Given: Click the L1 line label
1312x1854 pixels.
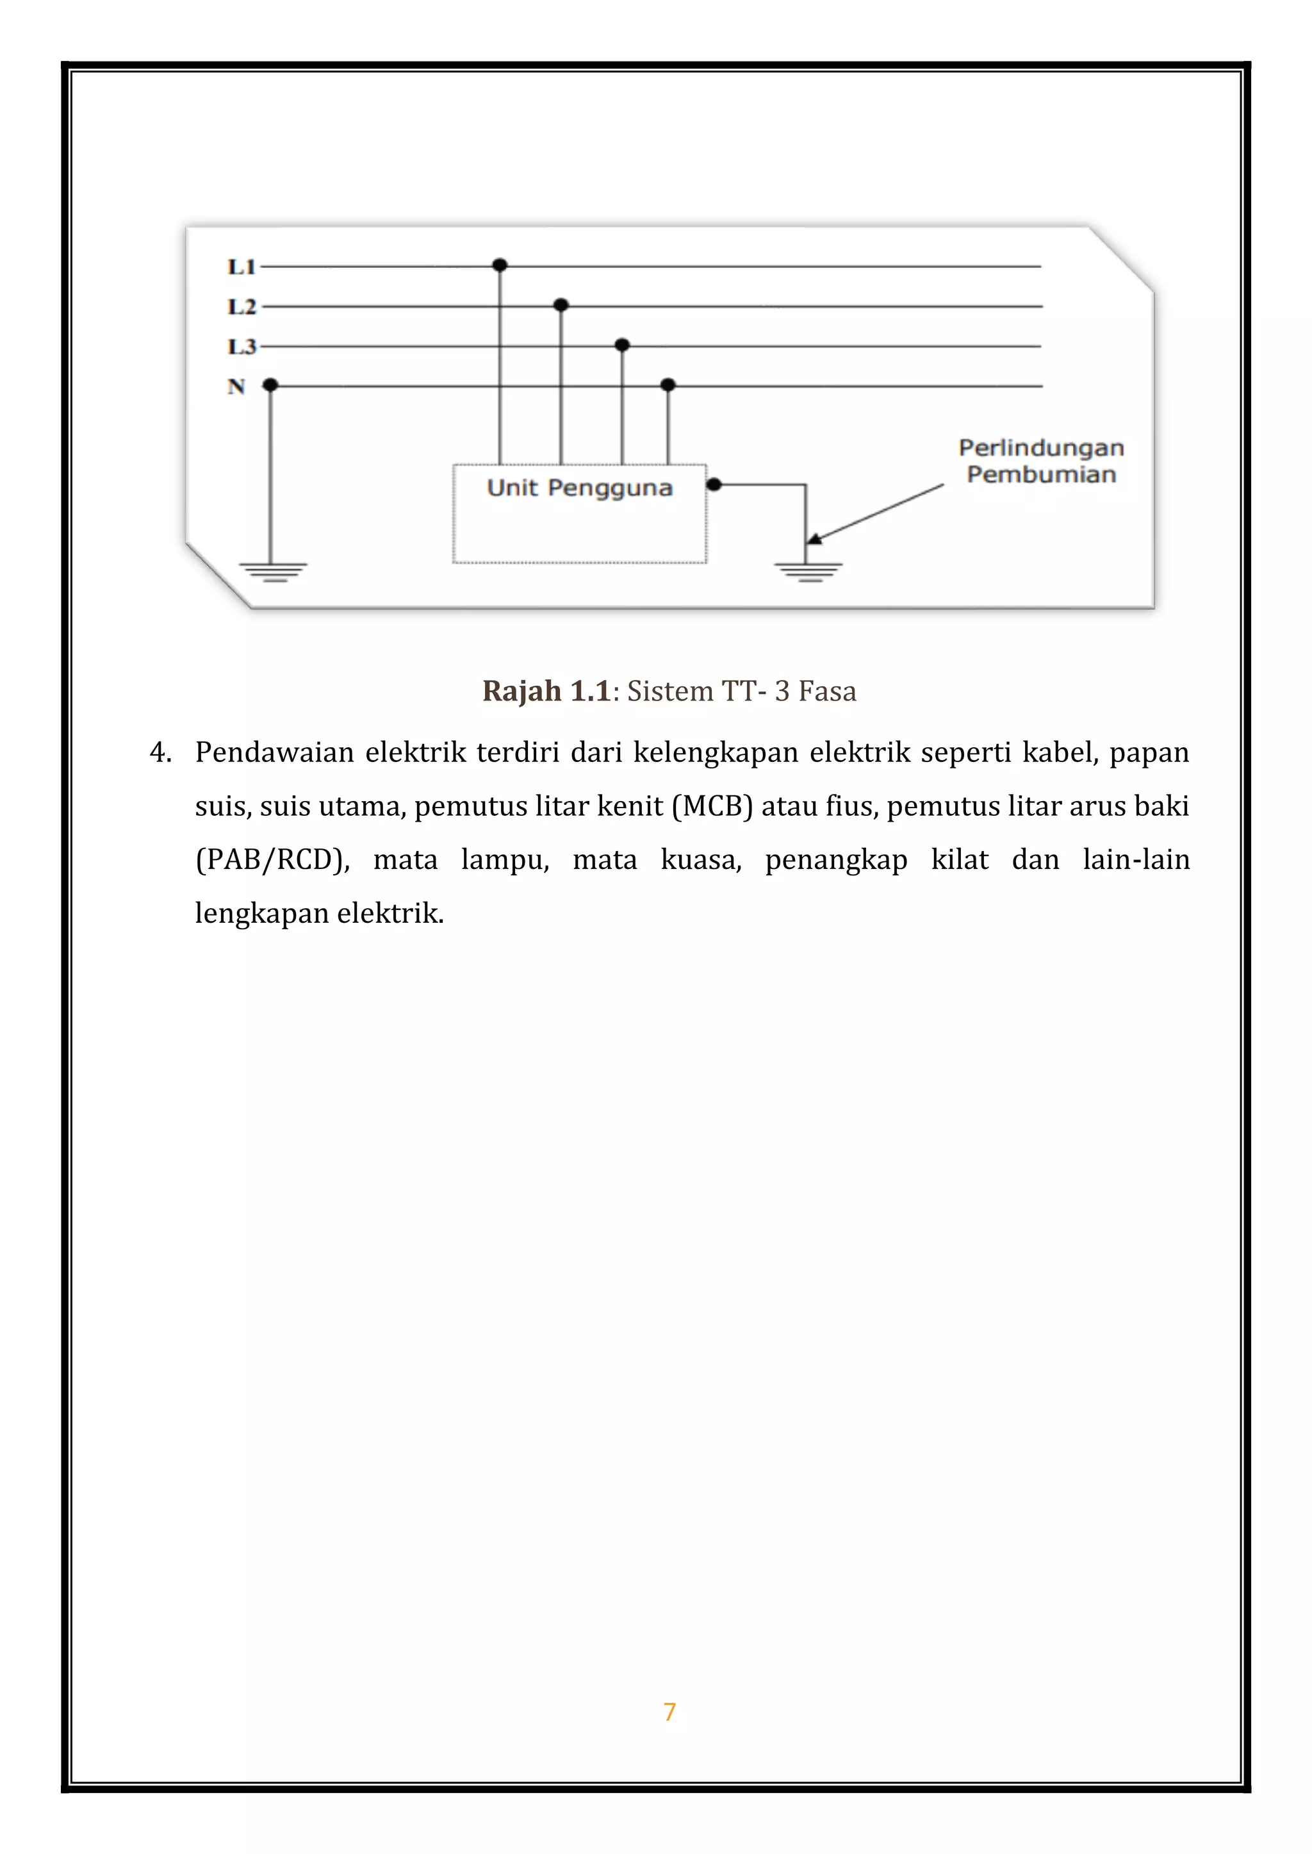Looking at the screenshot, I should [x=241, y=266].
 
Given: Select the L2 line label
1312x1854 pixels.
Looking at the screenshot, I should [x=241, y=306].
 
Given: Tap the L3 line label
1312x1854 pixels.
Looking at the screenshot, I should [x=241, y=346].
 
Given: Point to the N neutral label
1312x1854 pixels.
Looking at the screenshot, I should [x=236, y=386].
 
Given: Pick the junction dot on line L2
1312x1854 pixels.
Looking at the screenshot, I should [x=561, y=304].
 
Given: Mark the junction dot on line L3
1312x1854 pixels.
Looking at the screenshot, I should [x=622, y=345].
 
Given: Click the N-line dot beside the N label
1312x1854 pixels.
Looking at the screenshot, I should [x=270, y=386].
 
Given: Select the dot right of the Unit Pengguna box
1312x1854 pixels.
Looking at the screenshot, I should [x=714, y=485].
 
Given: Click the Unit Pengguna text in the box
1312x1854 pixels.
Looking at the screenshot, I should [x=579, y=488].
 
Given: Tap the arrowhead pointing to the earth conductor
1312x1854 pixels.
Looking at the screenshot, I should [x=814, y=539].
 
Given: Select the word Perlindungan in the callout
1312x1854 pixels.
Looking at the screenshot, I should [x=1040, y=448].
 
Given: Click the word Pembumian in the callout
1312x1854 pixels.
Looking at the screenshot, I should [x=1040, y=474].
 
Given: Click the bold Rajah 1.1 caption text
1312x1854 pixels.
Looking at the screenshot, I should [x=545, y=691].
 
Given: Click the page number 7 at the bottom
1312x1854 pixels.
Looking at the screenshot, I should [x=669, y=1711].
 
